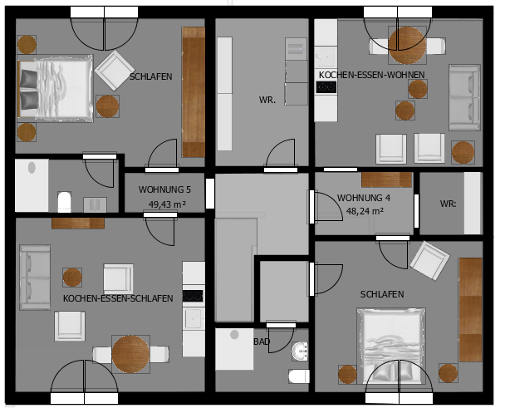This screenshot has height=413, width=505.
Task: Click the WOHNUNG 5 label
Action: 164,189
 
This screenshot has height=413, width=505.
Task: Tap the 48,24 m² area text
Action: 365,211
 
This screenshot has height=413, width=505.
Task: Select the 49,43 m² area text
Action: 167,204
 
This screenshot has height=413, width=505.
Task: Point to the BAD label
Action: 262,342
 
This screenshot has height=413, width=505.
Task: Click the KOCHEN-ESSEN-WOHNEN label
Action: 371,75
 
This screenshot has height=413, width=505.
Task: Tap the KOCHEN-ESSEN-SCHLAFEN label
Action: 118,298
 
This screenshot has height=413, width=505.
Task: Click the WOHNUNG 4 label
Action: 364,198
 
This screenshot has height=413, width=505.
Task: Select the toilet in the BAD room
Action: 299,376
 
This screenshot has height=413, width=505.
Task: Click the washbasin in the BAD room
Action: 300,352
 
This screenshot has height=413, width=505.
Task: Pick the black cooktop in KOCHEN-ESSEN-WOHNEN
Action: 326,87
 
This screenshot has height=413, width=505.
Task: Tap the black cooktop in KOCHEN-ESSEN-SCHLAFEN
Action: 193,296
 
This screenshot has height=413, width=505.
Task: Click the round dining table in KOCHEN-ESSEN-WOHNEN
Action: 408,46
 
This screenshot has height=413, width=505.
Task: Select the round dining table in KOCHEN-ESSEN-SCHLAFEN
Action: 130,354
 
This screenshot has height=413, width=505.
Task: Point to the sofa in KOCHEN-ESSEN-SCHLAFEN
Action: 35,278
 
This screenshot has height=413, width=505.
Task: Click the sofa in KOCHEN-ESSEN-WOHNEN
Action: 465,97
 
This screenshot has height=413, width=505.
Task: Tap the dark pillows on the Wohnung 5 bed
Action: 29,89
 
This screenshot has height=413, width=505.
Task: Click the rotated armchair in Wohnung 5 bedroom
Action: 115,71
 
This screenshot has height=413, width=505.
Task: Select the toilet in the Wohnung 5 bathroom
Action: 65,202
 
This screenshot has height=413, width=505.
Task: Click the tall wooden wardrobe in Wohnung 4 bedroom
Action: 471,310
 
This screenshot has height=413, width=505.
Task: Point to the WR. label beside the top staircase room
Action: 267,100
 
